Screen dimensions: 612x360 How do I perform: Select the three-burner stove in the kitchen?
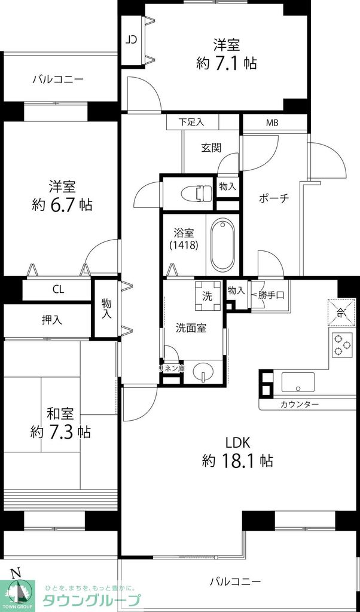click(341, 345)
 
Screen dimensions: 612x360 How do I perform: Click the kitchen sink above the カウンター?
click(298, 382)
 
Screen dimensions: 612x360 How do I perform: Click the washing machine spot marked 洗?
click(207, 295)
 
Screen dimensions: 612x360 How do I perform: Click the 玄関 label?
click(210, 148)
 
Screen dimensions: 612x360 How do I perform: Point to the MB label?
click(272, 123)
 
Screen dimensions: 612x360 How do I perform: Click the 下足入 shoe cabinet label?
click(191, 122)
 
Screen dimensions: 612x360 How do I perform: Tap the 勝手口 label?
click(271, 294)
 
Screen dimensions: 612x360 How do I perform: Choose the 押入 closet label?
click(52, 320)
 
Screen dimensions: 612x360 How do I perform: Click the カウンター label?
click(299, 405)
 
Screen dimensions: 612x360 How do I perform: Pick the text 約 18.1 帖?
click(238, 461)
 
